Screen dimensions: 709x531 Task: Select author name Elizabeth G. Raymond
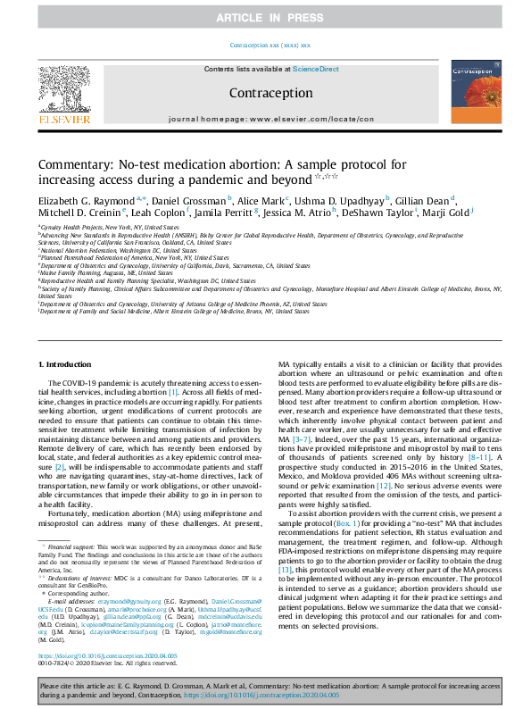[87, 204]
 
